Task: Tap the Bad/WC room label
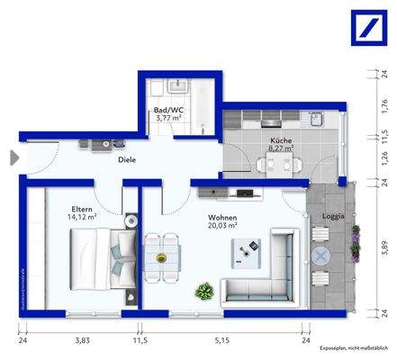(x=169, y=112)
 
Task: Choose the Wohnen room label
(x=222, y=218)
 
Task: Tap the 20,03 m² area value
(x=223, y=228)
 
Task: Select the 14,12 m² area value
(x=82, y=216)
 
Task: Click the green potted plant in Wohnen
(x=204, y=291)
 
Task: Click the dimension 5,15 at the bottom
(x=221, y=341)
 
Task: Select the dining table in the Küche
(x=276, y=165)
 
